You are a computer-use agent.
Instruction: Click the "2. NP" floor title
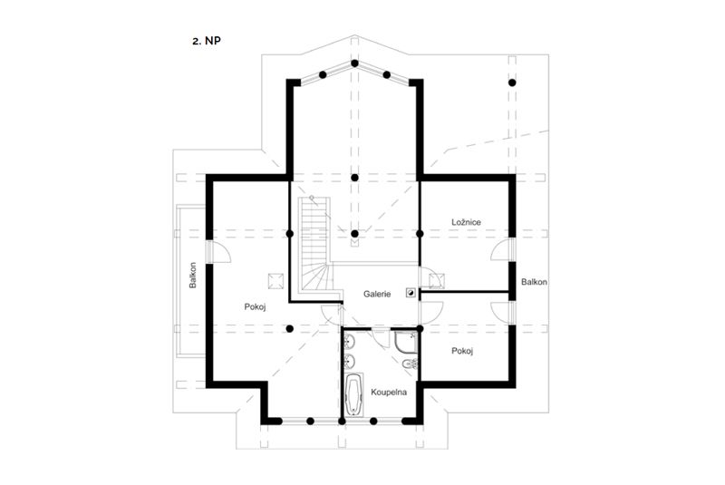click(207, 41)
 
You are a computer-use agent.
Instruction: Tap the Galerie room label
click(377, 294)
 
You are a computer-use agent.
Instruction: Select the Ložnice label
click(466, 222)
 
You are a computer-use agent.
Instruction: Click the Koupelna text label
click(389, 392)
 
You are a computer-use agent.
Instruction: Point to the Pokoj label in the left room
click(255, 306)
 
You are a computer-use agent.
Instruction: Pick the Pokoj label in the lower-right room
click(462, 351)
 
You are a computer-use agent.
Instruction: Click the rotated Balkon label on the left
click(193, 275)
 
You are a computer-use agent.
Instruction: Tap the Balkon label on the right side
click(534, 282)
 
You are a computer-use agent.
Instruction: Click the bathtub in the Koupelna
click(354, 395)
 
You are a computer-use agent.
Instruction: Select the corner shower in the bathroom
click(406, 342)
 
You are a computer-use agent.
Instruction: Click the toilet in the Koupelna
click(410, 364)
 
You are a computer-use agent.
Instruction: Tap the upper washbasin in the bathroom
click(350, 342)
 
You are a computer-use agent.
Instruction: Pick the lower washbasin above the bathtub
click(350, 361)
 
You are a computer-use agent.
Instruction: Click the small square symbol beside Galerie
click(411, 292)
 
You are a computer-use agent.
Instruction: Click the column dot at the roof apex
click(354, 63)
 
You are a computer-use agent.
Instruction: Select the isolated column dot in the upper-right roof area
click(512, 82)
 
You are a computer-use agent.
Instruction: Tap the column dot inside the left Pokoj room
click(289, 329)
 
